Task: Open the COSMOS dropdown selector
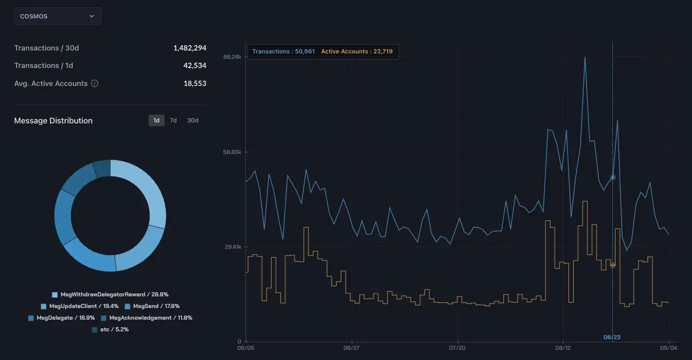(x=57, y=16)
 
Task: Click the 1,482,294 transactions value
(x=189, y=48)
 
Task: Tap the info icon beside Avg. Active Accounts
(x=95, y=84)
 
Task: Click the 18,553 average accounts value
(x=195, y=84)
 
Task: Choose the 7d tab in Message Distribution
(x=173, y=120)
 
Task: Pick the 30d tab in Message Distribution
(x=193, y=120)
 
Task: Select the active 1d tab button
(x=156, y=120)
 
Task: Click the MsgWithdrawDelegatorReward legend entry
(x=110, y=294)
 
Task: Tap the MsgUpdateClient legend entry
(x=80, y=306)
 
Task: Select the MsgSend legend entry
(x=152, y=306)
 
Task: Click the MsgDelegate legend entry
(x=62, y=318)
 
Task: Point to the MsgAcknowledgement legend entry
(x=147, y=318)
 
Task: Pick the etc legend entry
(x=110, y=329)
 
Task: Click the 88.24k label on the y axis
(x=232, y=57)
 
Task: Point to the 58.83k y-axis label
(x=232, y=152)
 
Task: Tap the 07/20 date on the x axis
(x=457, y=348)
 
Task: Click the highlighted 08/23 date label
(x=612, y=337)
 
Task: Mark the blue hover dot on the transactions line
(x=613, y=177)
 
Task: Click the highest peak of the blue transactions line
(x=585, y=57)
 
